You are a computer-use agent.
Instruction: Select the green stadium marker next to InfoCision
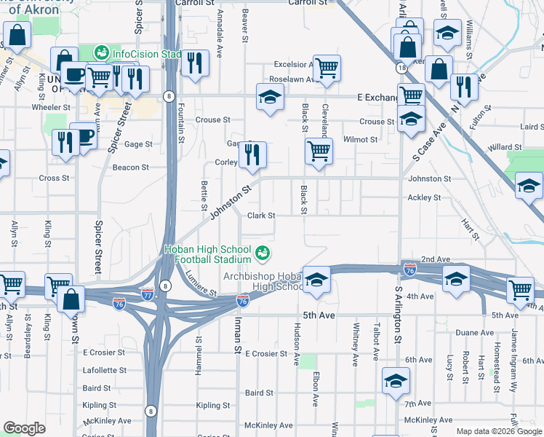102,53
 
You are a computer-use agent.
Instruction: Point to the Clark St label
261,216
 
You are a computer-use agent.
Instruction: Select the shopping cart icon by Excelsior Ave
327,68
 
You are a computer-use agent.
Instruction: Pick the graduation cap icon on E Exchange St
270,98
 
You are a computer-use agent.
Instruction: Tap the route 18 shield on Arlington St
401,67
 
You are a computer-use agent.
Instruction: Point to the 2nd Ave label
436,259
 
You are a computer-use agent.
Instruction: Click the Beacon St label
131,167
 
